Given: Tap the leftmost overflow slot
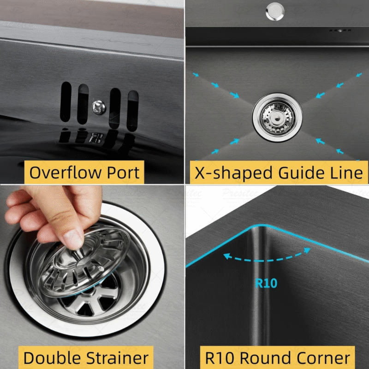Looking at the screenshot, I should click(x=66, y=103).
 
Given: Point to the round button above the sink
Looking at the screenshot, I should click(x=275, y=11).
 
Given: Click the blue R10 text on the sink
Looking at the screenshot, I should click(x=266, y=283).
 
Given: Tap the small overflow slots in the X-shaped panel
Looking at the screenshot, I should click(x=339, y=31).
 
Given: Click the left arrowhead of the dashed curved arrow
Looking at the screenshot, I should click(x=226, y=255).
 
